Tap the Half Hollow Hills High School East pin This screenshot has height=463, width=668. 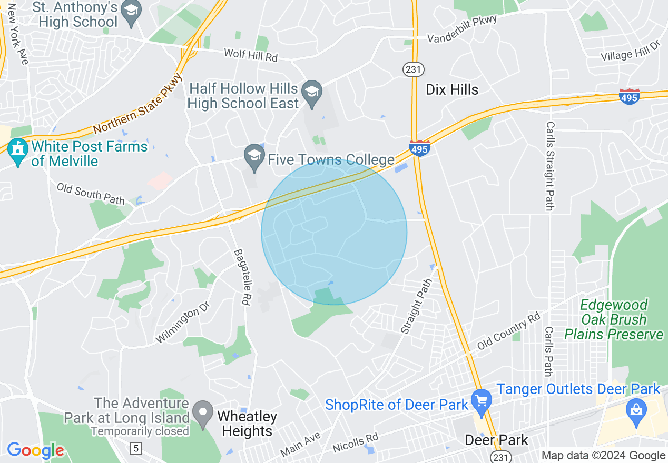tap(312, 93)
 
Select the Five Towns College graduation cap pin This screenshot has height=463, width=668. tap(254, 157)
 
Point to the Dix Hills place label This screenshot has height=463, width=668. tap(452, 89)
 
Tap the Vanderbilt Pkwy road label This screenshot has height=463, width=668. tap(462, 31)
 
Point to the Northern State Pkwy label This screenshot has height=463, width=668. tap(138, 104)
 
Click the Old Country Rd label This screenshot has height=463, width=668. tap(508, 332)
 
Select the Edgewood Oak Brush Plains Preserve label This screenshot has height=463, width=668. tap(613, 319)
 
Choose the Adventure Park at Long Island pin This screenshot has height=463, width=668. tap(202, 413)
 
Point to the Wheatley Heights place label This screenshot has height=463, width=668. tap(247, 424)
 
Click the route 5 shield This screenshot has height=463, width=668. tap(136, 448)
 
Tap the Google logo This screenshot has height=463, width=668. tap(35, 450)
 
